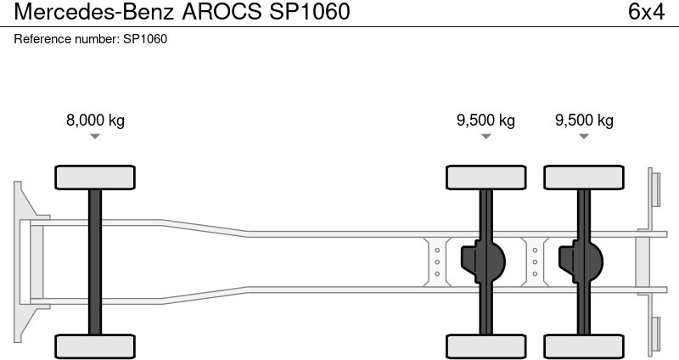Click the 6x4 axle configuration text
click(x=646, y=12)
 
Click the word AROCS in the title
click(x=222, y=12)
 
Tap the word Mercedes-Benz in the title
click(x=94, y=12)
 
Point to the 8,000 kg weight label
click(x=95, y=120)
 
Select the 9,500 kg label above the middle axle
click(x=485, y=120)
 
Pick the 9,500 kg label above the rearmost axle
click(x=584, y=120)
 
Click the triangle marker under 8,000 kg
click(x=95, y=137)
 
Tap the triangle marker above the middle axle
click(x=485, y=137)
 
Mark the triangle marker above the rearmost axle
click(x=584, y=137)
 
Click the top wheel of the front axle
click(x=95, y=177)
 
